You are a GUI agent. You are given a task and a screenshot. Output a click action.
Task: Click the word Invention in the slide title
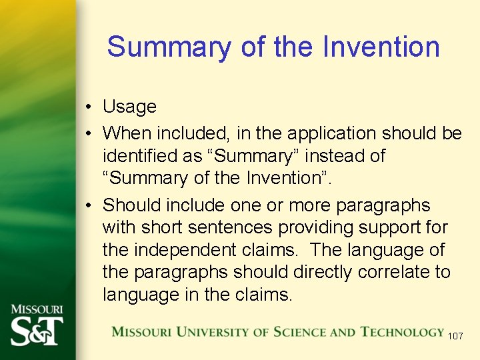pos(381,47)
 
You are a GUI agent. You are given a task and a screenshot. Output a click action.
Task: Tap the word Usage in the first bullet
pos(129,107)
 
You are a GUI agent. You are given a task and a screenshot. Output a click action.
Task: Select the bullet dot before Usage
pos(88,107)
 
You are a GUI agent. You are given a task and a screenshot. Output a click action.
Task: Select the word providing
pos(317,227)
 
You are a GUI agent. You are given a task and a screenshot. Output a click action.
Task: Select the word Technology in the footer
pos(402,331)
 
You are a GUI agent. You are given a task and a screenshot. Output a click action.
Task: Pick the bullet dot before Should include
pos(88,205)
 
